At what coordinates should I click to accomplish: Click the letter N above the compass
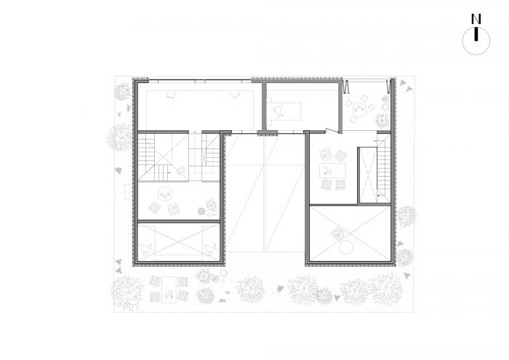pyautogui.click(x=476, y=19)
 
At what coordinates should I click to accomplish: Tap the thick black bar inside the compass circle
pyautogui.click(x=476, y=35)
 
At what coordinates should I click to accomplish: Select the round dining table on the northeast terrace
pyautogui.click(x=359, y=108)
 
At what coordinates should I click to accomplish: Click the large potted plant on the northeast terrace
pyautogui.click(x=382, y=120)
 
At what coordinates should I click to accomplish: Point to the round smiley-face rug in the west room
pyautogui.click(x=164, y=194)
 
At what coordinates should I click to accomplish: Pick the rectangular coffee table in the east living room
pyautogui.click(x=332, y=171)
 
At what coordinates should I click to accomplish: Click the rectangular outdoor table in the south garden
pyautogui.click(x=169, y=289)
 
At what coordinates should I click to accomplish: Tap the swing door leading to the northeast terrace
pyautogui.click(x=332, y=130)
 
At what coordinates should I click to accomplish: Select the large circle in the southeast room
pyautogui.click(x=345, y=248)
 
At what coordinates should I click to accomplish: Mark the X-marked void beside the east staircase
pyautogui.click(x=368, y=175)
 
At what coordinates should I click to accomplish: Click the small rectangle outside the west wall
pyautogui.click(x=127, y=192)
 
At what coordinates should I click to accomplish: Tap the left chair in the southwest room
pyautogui.click(x=146, y=249)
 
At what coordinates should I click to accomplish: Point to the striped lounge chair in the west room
pyautogui.click(x=154, y=207)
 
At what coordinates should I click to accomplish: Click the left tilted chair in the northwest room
pyautogui.click(x=171, y=94)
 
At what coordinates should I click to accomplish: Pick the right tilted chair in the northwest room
pyautogui.click(x=233, y=94)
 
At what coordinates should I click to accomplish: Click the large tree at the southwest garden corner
pyautogui.click(x=127, y=293)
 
